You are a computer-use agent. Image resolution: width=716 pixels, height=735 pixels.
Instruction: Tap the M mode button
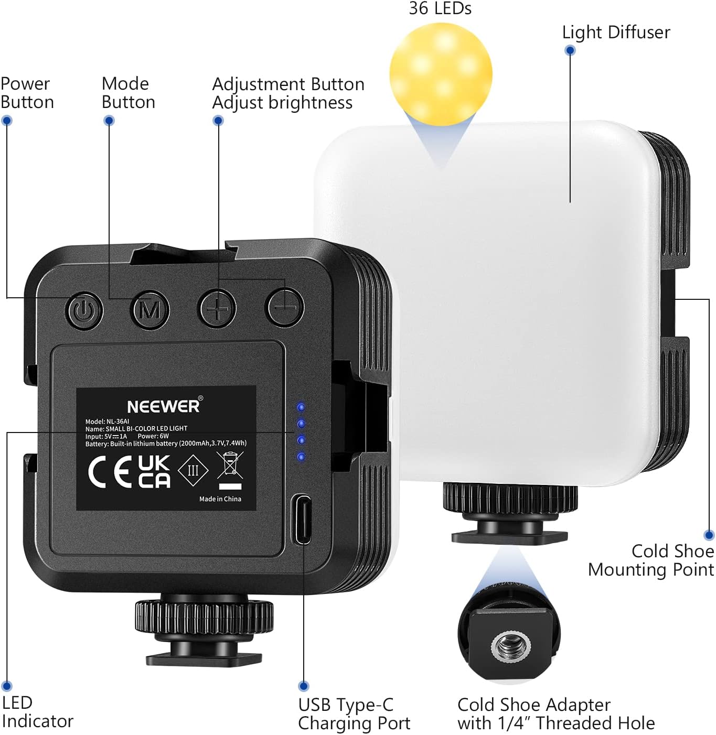pyautogui.click(x=150, y=310)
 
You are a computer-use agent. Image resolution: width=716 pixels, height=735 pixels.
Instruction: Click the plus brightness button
pyautogui.click(x=217, y=309)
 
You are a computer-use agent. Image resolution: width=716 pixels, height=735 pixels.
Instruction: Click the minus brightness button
pyautogui.click(x=285, y=307)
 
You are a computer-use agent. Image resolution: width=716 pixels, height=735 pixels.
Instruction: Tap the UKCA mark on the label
pyautogui.click(x=154, y=471)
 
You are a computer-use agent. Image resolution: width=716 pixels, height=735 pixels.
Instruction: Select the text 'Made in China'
pyautogui.click(x=220, y=499)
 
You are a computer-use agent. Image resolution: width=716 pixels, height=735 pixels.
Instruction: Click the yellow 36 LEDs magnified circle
pyautogui.click(x=441, y=73)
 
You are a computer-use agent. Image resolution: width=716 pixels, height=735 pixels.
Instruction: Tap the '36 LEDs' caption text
pyautogui.click(x=440, y=8)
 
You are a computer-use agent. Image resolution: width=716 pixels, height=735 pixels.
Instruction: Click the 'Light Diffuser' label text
pyautogui.click(x=616, y=33)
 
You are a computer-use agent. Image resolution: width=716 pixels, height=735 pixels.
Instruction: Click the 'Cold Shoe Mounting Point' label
pyautogui.click(x=651, y=560)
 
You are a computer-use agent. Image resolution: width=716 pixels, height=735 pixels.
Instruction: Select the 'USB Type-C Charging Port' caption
pyautogui.click(x=354, y=714)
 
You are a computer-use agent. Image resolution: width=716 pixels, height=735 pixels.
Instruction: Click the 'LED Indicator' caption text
pyautogui.click(x=37, y=711)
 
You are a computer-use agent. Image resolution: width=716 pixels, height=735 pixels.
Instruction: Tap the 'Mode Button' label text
pyautogui.click(x=128, y=93)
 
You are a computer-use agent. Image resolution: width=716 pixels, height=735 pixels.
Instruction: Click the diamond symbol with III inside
pyautogui.click(x=193, y=470)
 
